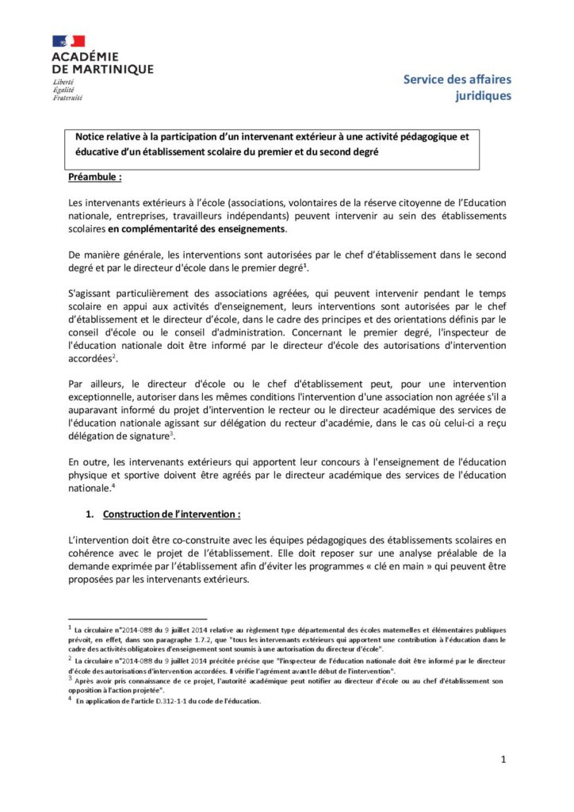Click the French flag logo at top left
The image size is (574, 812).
69,40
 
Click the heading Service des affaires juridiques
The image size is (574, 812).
457,87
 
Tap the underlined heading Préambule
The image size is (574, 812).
95,177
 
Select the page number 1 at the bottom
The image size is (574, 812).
503,760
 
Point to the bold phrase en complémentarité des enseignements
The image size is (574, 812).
197,229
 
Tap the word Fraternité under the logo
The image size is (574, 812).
67,98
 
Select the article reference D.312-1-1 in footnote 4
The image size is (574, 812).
183,701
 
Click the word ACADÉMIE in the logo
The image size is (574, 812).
85,57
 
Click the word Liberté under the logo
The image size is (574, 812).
65,82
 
